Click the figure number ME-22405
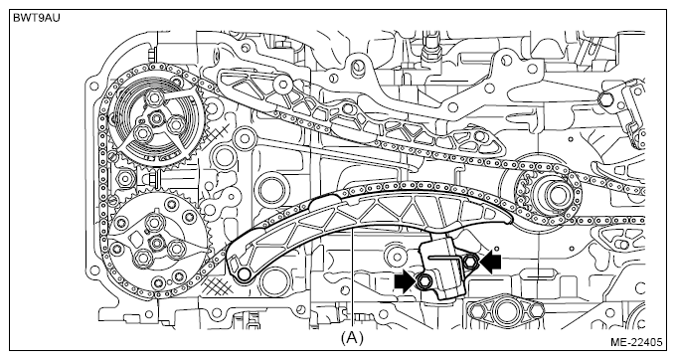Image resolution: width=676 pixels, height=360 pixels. coord(636,343)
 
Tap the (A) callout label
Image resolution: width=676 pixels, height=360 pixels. coord(352,338)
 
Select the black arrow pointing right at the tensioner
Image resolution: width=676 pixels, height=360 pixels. coord(404,281)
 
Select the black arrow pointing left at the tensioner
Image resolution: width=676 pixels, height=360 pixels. coord(491,263)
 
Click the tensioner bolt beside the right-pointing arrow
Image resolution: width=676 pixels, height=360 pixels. coord(422,281)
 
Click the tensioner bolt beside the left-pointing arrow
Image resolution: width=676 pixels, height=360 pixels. coord(471,260)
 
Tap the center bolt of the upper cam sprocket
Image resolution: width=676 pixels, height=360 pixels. coord(156,118)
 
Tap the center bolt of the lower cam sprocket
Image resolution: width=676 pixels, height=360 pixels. coord(156,243)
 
